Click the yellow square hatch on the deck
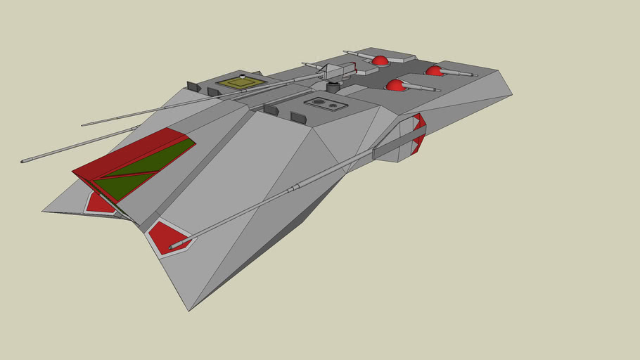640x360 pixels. click(x=241, y=84)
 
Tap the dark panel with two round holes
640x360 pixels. click(x=325, y=104)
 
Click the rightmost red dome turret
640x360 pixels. click(x=434, y=70)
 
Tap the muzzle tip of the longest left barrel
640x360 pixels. click(x=23, y=161)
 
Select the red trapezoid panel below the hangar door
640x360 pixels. click(x=99, y=204)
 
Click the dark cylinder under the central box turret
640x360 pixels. click(x=334, y=87)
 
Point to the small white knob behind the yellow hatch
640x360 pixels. click(x=242, y=75)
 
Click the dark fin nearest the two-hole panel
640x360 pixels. click(x=298, y=117)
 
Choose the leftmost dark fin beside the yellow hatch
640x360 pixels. click(x=195, y=87)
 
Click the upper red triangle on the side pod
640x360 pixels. click(x=419, y=120)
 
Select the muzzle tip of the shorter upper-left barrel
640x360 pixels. click(x=83, y=125)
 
